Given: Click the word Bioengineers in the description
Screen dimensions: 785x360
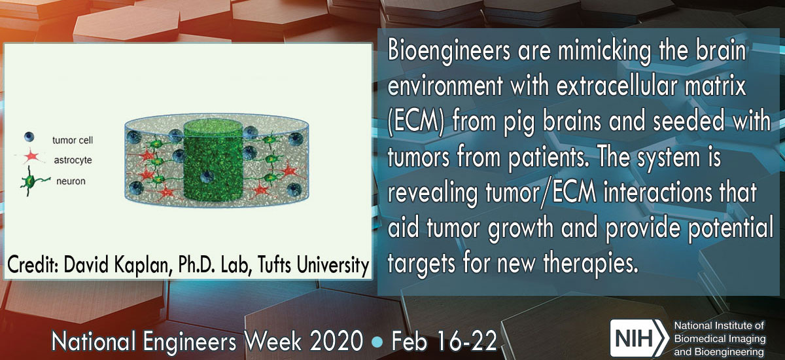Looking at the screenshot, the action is (449, 52).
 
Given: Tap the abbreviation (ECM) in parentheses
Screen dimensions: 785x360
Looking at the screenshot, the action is (416, 122).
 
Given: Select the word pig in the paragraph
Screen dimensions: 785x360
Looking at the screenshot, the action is (519, 122).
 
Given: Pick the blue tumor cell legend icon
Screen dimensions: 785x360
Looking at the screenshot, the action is (29, 137).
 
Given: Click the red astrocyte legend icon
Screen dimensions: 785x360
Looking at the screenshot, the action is (31, 156).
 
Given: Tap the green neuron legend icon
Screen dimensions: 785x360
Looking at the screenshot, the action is (31, 181).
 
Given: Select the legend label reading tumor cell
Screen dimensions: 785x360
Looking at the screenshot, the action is (73, 140).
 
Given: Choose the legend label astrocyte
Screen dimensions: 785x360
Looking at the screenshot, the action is (73, 160).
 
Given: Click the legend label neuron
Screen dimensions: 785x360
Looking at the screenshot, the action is (71, 181).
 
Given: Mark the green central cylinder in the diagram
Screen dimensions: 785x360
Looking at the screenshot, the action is (213, 160).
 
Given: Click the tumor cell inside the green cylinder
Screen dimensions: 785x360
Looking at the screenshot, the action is (207, 176).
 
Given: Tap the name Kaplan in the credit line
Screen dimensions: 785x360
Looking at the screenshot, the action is (145, 264).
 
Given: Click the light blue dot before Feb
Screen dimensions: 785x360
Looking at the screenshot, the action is (377, 342).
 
